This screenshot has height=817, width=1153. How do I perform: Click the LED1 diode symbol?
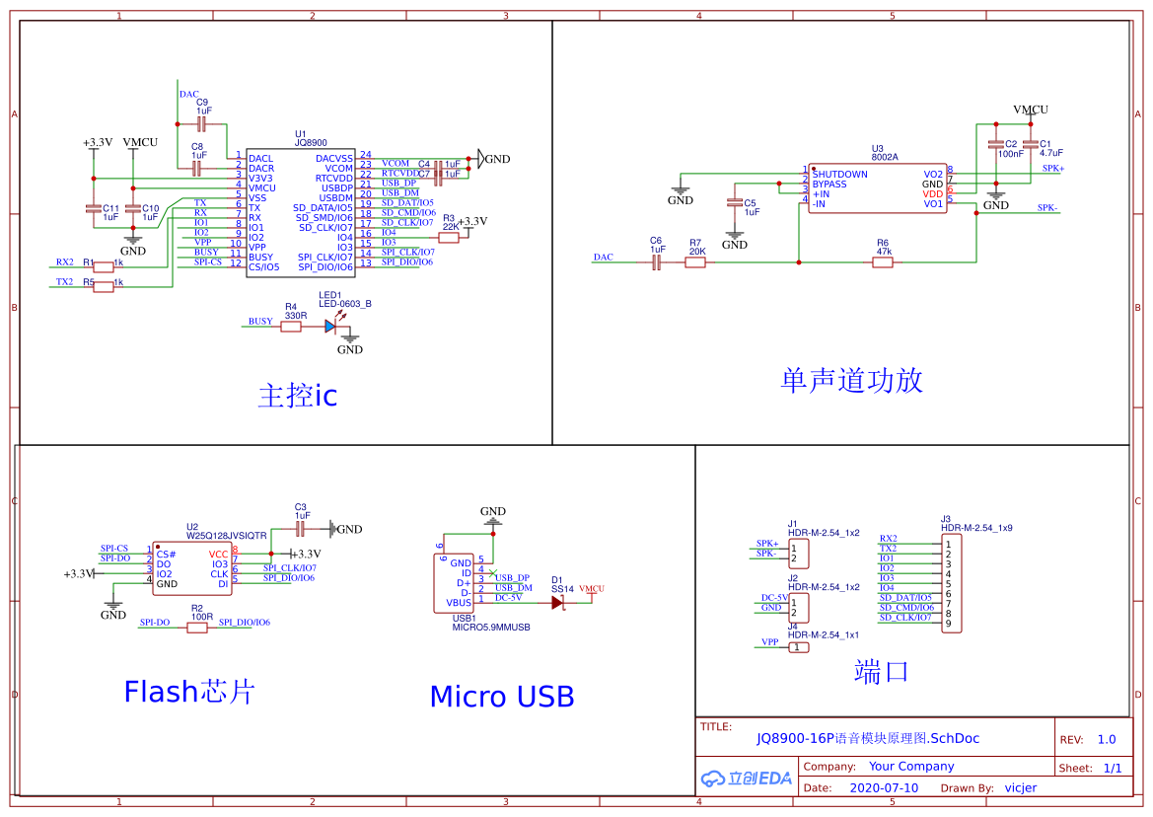(330, 326)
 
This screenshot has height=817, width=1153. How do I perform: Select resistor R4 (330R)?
(291, 326)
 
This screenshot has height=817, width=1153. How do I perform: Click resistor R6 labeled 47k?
(883, 261)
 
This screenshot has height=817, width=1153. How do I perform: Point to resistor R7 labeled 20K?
(696, 261)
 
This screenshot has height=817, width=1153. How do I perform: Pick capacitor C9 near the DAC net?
(202, 125)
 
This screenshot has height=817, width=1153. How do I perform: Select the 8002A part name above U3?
(885, 157)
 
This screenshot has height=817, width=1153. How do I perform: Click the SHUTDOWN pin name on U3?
(840, 175)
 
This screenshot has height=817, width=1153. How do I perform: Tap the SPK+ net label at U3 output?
(1052, 169)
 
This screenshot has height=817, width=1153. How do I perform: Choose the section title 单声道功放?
(851, 380)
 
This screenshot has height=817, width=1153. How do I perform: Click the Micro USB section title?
(501, 697)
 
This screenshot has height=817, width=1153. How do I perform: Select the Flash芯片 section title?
(188, 692)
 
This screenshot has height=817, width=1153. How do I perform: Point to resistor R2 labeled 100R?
(197, 628)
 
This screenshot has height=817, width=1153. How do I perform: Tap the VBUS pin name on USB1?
(459, 603)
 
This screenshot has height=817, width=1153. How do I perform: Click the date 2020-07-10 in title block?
(883, 788)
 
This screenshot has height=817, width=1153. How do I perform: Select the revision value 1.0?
(1107, 740)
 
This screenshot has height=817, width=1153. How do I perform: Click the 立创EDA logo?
(746, 778)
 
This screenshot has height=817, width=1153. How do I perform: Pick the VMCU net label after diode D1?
(592, 589)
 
